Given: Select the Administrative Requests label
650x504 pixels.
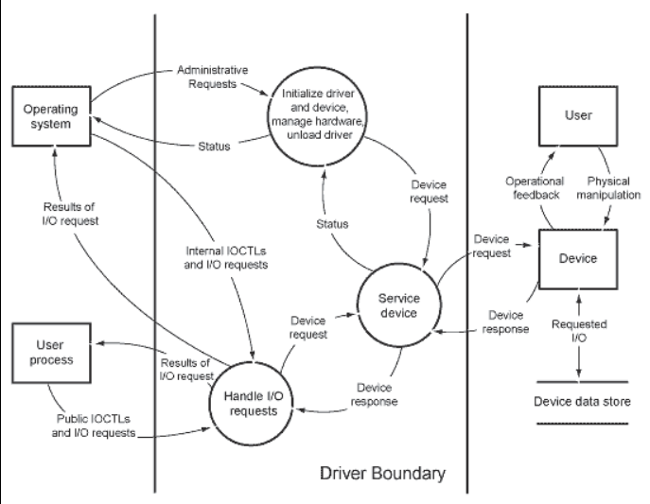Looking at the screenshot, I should click(x=215, y=78).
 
